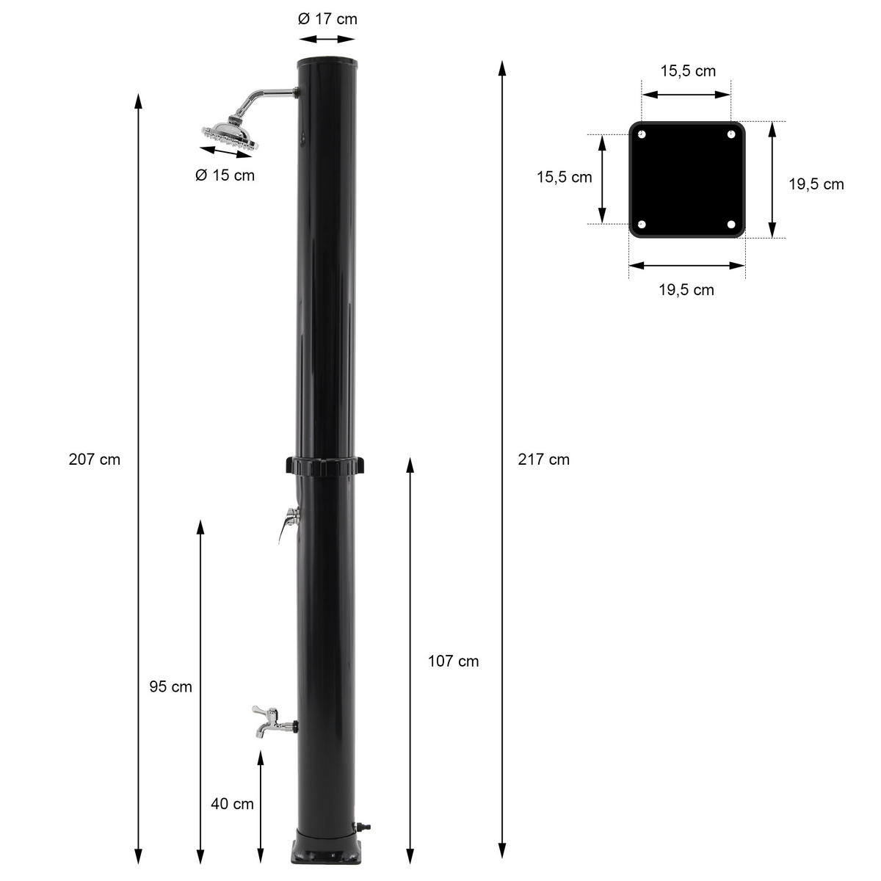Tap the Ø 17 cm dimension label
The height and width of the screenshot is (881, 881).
(x=327, y=19)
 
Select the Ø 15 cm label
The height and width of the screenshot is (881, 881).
(x=225, y=175)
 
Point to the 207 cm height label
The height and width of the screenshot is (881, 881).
(x=94, y=460)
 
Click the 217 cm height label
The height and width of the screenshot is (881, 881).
(x=543, y=460)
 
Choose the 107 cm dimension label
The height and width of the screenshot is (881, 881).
(x=453, y=661)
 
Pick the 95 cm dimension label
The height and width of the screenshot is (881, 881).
(x=170, y=687)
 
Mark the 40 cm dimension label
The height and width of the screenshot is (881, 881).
(x=232, y=804)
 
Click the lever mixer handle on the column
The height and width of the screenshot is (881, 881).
(x=287, y=523)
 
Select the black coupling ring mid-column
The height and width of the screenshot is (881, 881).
(x=326, y=465)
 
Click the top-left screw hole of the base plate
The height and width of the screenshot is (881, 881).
(x=642, y=135)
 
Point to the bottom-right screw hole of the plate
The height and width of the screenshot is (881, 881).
(x=731, y=225)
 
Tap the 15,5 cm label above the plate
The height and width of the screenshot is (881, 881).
(x=688, y=71)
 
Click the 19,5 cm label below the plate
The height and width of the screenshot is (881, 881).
(x=686, y=290)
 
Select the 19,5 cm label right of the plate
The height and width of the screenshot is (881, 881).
(x=816, y=184)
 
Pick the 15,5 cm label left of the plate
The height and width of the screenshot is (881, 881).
(x=564, y=178)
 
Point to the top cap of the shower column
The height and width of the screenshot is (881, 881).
(x=326, y=59)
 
